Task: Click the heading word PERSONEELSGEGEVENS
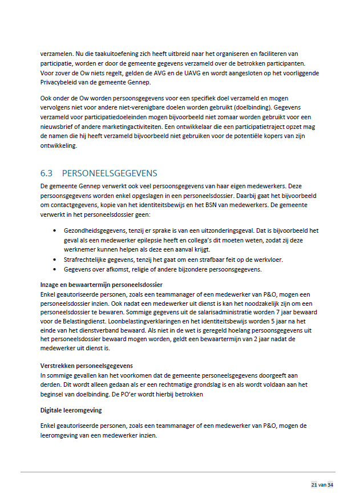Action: [110, 173]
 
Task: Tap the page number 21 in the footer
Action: [314, 485]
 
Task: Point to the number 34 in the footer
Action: [330, 485]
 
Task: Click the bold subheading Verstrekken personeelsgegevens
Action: [87, 366]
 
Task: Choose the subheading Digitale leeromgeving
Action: [72, 410]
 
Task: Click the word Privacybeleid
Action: [60, 82]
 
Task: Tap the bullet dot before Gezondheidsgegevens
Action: [54, 230]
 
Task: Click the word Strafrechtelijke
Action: [88, 260]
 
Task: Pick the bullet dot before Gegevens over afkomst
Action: [54, 269]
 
